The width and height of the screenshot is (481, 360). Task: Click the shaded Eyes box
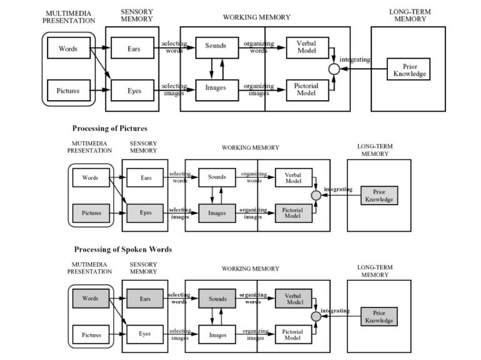pos(146,213)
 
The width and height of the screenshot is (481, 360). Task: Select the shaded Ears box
pos(146,299)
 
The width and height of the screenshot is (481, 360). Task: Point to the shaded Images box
pos(217,213)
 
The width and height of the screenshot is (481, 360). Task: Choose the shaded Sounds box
pos(217,299)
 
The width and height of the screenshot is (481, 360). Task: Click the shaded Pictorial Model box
pos(293,213)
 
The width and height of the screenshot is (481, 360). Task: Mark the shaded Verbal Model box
pos(293,299)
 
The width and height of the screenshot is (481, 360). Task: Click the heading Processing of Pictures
pos(109,128)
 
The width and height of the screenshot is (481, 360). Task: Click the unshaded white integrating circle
pos(334,68)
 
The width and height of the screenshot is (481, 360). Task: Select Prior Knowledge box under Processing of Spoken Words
pos(379,316)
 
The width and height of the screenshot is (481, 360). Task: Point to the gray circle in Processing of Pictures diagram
pos(316,195)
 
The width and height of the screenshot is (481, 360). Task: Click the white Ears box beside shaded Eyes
pos(146,178)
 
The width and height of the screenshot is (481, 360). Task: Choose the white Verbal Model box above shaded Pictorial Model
pos(293,178)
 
